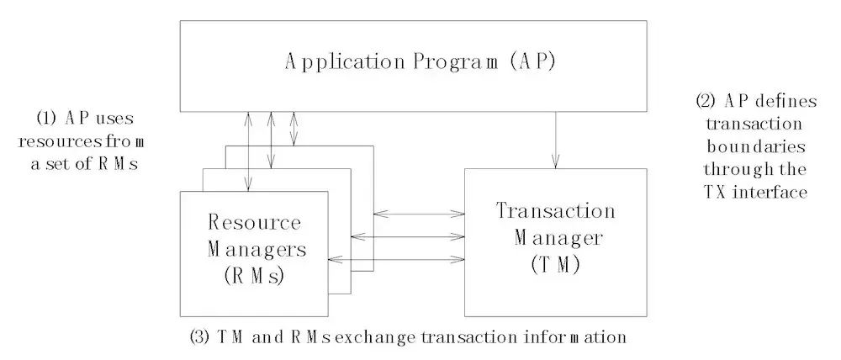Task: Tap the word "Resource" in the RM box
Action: click(x=254, y=223)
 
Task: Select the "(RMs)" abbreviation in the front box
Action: click(x=254, y=273)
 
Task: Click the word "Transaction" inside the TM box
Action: click(x=556, y=211)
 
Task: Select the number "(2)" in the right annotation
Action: click(x=706, y=102)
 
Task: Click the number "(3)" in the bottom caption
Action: click(x=201, y=338)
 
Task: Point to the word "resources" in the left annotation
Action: click(x=64, y=140)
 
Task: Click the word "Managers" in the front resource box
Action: click(x=254, y=248)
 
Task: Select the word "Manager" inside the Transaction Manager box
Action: click(x=559, y=238)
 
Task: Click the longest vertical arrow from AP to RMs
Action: click(x=249, y=151)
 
